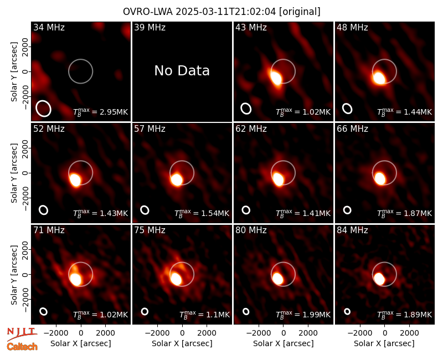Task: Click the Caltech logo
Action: coord(22,347)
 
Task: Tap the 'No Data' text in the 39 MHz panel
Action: coord(182,71)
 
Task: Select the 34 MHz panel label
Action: coord(49,27)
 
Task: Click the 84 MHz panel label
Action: coord(352,230)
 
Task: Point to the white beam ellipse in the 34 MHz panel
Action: coord(43,109)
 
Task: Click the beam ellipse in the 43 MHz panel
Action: coord(246,109)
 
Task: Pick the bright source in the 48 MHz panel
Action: coord(379,78)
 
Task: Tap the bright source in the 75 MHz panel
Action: coord(176,279)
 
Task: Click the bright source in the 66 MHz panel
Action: coord(380,178)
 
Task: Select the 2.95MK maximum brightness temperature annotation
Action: coord(101,112)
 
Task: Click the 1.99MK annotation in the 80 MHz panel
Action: coord(303,315)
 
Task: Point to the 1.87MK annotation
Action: coord(405,213)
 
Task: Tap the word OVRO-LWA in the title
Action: coord(148,12)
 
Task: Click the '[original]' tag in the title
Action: coord(300,12)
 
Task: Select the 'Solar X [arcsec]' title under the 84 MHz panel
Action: coord(384,343)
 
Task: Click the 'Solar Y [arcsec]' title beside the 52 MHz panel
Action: coord(14,173)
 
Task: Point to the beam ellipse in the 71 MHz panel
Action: coord(43,311)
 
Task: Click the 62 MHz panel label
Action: coord(251,129)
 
